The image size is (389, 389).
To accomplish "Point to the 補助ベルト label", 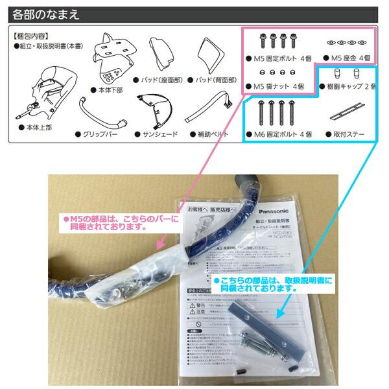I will (211, 134).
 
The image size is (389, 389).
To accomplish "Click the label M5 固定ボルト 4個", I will (279, 58).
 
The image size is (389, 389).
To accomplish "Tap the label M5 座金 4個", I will (349, 58).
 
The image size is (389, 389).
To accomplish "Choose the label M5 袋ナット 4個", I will (279, 86).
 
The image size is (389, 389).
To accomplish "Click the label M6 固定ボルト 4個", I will (283, 134).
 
